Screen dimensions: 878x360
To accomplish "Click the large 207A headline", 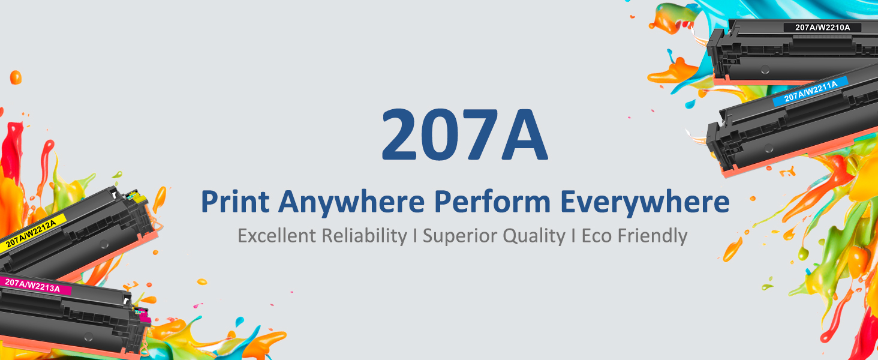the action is [x=465, y=134].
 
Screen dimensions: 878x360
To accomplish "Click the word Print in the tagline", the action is [x=235, y=202].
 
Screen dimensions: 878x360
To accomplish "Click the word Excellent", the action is [x=276, y=236].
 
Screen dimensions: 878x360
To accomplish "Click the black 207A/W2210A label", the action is [x=822, y=28].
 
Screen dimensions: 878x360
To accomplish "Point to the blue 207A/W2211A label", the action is [x=810, y=91].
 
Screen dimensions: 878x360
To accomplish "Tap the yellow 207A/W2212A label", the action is [x=31, y=233].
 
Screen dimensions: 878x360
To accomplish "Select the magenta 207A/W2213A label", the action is [x=35, y=286].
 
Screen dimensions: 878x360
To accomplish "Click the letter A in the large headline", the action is [x=524, y=135].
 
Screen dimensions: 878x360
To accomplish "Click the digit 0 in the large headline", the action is [x=439, y=134].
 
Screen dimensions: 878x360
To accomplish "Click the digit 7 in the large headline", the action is [x=480, y=135].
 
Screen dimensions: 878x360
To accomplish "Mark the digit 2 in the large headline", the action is [x=399, y=134].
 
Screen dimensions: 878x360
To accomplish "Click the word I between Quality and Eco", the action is [x=574, y=236].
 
